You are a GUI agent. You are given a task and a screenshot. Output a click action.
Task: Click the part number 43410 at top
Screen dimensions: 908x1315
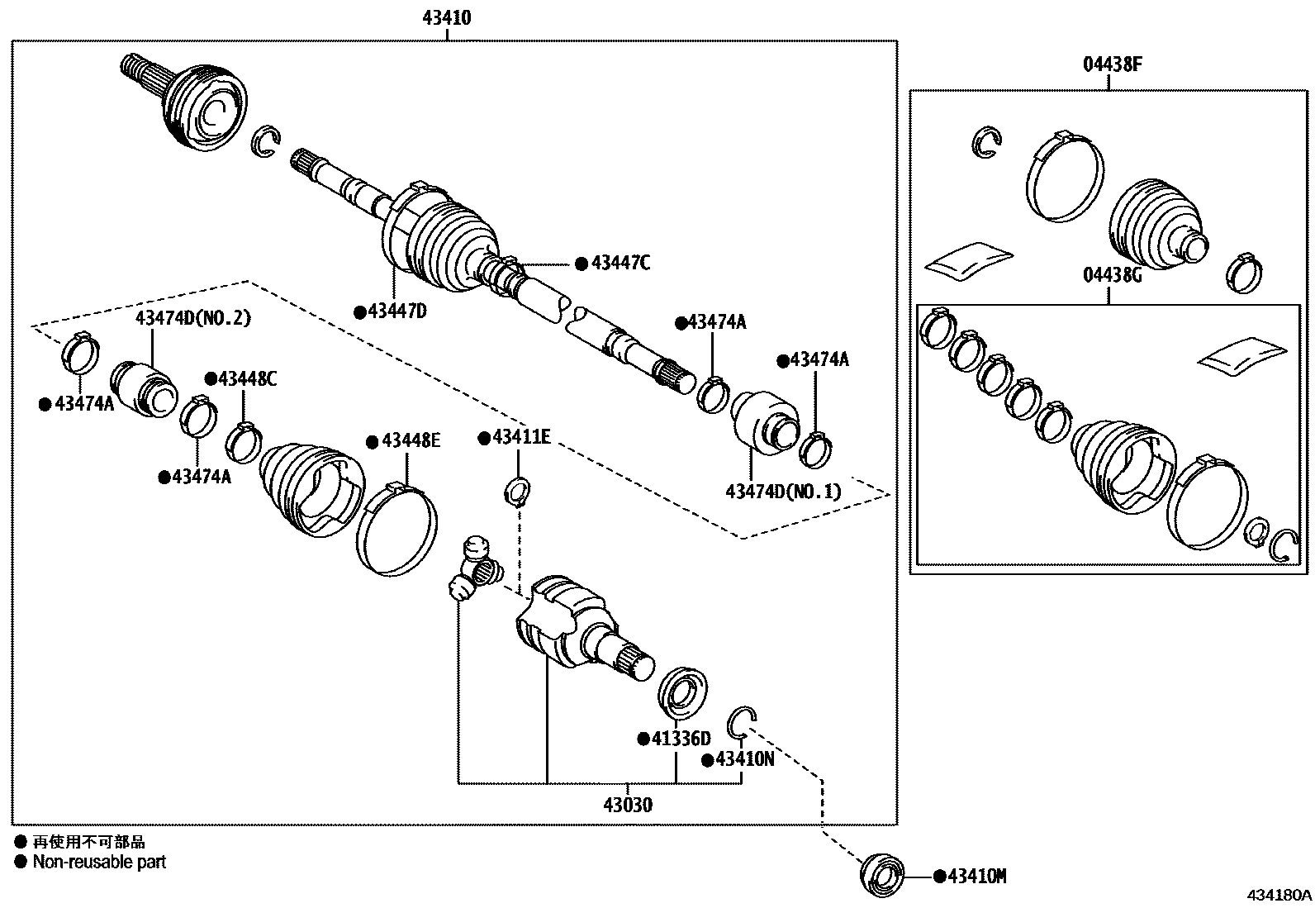point(447,17)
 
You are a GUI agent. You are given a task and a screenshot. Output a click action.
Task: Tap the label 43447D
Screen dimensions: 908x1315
point(396,311)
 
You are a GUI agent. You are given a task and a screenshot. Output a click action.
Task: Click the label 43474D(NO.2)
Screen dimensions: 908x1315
point(192,318)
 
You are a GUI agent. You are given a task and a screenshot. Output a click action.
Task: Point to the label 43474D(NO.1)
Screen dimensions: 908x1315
point(783,492)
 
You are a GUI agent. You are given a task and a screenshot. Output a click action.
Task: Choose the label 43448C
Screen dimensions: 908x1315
point(248,378)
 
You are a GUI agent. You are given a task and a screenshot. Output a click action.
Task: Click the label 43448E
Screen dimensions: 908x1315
point(411,440)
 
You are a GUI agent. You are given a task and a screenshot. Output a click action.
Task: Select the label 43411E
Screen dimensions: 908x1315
point(520,437)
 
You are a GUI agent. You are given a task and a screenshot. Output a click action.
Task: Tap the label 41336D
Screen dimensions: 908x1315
point(681,738)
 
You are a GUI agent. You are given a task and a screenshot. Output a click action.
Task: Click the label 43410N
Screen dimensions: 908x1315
point(744,758)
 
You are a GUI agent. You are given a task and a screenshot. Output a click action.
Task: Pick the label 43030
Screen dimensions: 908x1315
point(627,804)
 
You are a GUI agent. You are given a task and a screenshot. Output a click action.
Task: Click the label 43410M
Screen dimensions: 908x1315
point(976,877)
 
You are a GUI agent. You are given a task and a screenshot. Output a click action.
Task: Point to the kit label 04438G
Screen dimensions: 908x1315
point(1112,275)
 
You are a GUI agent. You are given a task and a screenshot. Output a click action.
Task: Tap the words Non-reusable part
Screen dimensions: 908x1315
point(99,862)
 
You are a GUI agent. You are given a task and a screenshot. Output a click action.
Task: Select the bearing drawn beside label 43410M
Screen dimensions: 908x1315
point(882,876)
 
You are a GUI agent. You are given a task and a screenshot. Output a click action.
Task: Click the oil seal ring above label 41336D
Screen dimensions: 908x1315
point(683,690)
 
